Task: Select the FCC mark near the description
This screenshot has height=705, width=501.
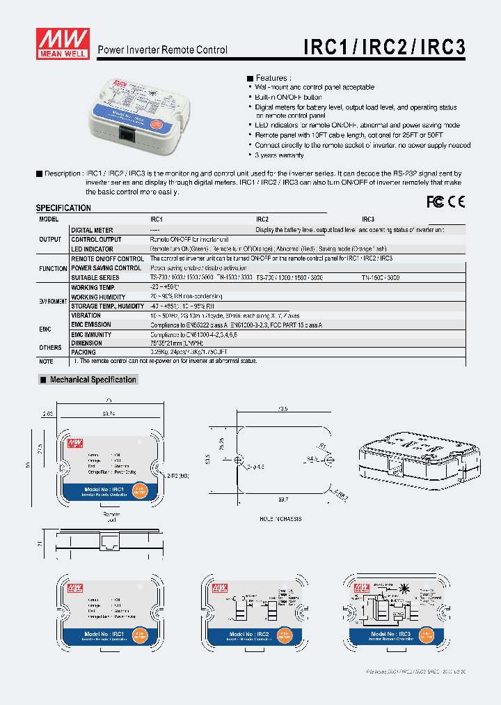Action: pyautogui.click(x=435, y=201)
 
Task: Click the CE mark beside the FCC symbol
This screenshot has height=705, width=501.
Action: pyautogui.click(x=456, y=201)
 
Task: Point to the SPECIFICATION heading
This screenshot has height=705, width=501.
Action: pyautogui.click(x=63, y=208)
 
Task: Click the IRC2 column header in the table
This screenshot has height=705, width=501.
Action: pyautogui.click(x=262, y=219)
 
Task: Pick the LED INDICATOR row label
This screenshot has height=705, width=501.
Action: pyautogui.click(x=92, y=249)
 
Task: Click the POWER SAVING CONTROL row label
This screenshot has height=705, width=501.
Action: pyautogui.click(x=106, y=268)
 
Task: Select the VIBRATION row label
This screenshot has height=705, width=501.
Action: pyautogui.click(x=86, y=316)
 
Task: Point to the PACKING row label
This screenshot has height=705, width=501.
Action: pyautogui.click(x=84, y=352)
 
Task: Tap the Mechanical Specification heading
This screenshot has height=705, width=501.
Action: pyautogui.click(x=93, y=380)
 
